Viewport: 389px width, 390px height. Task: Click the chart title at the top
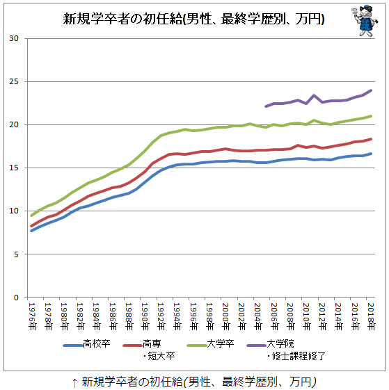pyautogui.click(x=193, y=19)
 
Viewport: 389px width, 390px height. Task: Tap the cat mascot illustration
pyautogui.click(x=365, y=21)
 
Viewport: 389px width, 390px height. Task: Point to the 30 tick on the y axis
pyautogui.click(x=14, y=38)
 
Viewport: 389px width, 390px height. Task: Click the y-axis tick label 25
pyautogui.click(x=14, y=81)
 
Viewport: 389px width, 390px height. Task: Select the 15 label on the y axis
pyautogui.click(x=14, y=168)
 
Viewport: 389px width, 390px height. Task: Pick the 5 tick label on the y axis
pyautogui.click(x=16, y=254)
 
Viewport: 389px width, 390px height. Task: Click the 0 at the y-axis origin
pyautogui.click(x=16, y=298)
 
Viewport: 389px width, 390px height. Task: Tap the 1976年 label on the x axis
pyautogui.click(x=32, y=316)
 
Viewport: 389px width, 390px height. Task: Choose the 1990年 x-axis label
pyautogui.click(x=145, y=316)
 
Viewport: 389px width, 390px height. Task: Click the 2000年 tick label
pyautogui.click(x=225, y=316)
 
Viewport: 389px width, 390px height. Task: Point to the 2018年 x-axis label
pyautogui.click(x=371, y=316)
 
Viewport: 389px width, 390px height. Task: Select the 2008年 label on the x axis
pyautogui.click(x=289, y=316)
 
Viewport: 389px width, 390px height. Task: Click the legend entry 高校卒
pyautogui.click(x=87, y=344)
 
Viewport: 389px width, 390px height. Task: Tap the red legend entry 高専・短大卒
pyautogui.click(x=149, y=350)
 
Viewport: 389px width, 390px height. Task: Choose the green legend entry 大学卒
pyautogui.click(x=210, y=344)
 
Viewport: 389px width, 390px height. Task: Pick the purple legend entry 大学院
pyautogui.click(x=286, y=350)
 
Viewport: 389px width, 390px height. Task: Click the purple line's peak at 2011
pyautogui.click(x=314, y=95)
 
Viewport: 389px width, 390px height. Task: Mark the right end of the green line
pyautogui.click(x=371, y=116)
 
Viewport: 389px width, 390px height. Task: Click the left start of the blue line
pyautogui.click(x=31, y=231)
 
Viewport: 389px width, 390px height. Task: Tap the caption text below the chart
pyautogui.click(x=194, y=382)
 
